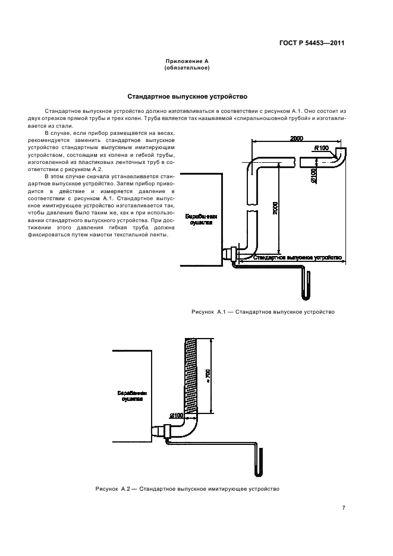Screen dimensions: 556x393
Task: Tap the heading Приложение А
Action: tap(187, 62)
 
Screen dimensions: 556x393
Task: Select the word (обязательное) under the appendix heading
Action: tap(187, 68)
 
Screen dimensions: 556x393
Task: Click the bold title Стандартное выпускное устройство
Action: tap(187, 96)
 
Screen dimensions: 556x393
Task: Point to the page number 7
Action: tap(343, 507)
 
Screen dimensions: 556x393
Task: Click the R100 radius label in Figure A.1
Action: tap(321, 148)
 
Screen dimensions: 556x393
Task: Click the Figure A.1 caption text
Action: tap(263, 311)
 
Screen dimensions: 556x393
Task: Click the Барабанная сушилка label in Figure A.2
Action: tap(132, 396)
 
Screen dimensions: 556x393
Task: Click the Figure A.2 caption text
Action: tap(187, 488)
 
